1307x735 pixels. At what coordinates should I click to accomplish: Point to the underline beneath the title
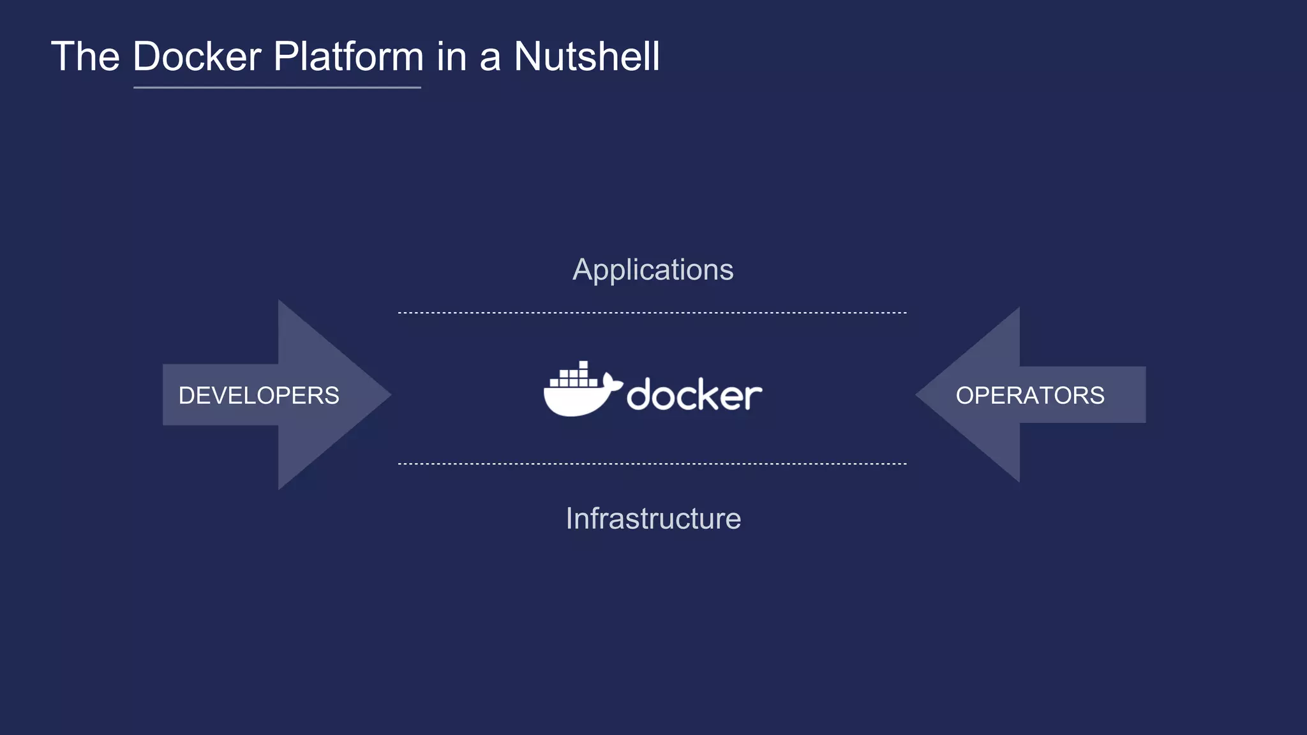[x=277, y=87]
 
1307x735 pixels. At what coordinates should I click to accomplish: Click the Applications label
[x=653, y=269]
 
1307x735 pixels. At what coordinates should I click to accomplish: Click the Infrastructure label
[x=653, y=518]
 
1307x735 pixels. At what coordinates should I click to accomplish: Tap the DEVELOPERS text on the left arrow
[x=258, y=396]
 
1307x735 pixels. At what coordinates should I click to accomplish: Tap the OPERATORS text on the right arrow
[x=1029, y=396]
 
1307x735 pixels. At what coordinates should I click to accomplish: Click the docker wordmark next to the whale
[x=694, y=395]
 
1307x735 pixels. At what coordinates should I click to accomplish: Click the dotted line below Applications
[x=652, y=313]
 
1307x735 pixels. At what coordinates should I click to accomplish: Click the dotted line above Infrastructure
[x=652, y=464]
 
